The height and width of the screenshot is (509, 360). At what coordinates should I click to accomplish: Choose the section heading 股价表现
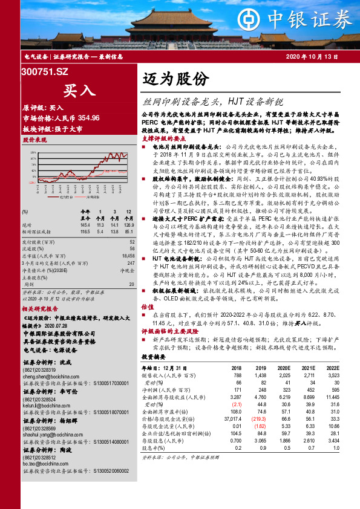point(34,139)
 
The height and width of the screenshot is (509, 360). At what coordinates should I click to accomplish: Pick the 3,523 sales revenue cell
point(332,375)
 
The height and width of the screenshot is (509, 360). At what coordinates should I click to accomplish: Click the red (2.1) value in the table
point(237,404)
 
